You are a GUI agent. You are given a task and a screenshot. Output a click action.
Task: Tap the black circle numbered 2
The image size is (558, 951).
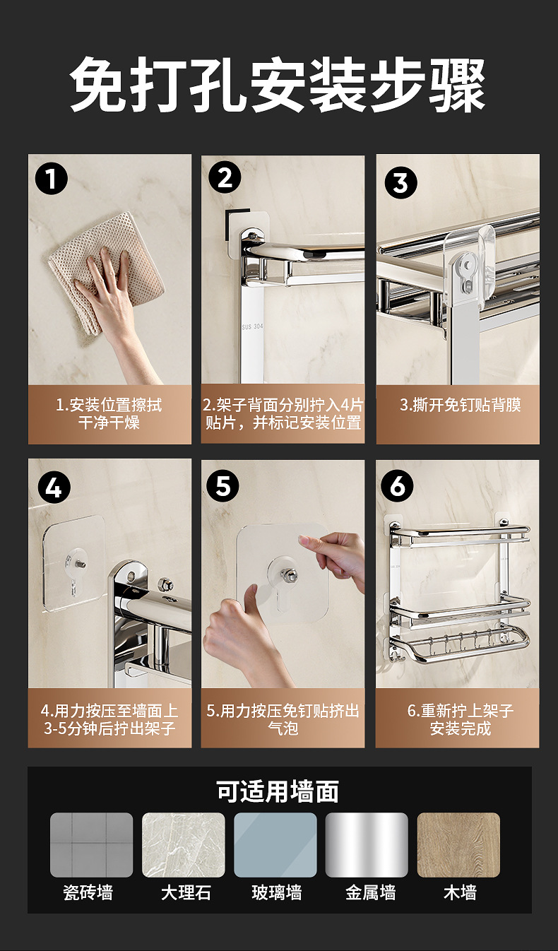225,177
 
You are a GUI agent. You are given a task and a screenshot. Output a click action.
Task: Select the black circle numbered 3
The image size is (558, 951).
400,182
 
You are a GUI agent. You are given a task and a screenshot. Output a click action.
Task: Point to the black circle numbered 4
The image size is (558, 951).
54,488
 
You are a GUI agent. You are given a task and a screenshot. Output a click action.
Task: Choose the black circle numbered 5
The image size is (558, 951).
222,485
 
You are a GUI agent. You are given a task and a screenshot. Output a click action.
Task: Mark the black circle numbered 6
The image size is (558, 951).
397,485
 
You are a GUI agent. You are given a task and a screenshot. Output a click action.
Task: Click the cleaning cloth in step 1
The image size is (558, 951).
106,272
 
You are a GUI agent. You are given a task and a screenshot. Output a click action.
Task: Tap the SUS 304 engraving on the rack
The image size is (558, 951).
252,326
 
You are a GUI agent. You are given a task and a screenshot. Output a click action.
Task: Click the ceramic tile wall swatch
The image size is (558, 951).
91,845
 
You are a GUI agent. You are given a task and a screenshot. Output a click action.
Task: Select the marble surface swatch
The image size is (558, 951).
184,845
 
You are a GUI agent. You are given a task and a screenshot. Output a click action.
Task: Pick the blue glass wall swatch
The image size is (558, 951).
275,845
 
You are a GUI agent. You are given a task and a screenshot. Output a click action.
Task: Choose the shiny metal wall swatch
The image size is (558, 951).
367,845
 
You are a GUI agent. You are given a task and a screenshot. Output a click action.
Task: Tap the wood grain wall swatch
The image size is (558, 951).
458,845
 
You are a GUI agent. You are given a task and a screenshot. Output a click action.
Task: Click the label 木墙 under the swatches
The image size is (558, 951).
460,892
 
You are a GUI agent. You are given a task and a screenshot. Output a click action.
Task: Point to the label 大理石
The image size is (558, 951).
186,892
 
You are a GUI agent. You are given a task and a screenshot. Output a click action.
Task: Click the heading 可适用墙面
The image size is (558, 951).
278,791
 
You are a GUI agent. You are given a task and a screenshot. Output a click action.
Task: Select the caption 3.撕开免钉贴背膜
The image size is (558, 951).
461,405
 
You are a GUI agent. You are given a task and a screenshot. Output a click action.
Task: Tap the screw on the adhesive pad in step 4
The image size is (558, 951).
81,565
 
